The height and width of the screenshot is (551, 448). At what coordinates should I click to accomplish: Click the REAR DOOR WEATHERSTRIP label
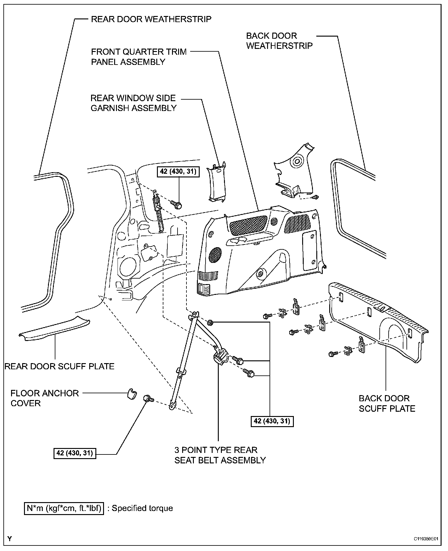[x=151, y=19]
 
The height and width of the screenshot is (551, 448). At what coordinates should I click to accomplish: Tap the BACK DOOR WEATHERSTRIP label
[x=279, y=41]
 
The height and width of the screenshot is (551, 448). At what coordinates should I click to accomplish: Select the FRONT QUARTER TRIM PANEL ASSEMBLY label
[x=139, y=57]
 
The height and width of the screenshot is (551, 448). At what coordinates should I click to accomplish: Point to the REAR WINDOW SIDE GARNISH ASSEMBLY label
[x=134, y=103]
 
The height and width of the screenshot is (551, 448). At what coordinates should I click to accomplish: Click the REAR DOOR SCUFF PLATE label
[x=59, y=366]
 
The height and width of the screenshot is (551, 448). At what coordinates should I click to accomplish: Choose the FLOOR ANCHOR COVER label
[x=45, y=398]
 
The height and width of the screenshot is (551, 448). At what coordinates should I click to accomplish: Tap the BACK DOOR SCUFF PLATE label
[x=387, y=403]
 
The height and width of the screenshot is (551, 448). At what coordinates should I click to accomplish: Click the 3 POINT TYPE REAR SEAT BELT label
[x=220, y=455]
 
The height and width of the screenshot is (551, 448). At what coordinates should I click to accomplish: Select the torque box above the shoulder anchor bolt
[x=178, y=171]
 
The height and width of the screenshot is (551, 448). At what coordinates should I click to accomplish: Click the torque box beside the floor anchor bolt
[x=75, y=453]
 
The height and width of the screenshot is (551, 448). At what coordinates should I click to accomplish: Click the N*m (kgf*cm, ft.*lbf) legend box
[x=64, y=508]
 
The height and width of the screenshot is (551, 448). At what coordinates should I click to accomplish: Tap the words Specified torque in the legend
[x=142, y=508]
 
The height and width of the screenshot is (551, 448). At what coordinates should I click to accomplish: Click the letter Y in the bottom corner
[x=10, y=538]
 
